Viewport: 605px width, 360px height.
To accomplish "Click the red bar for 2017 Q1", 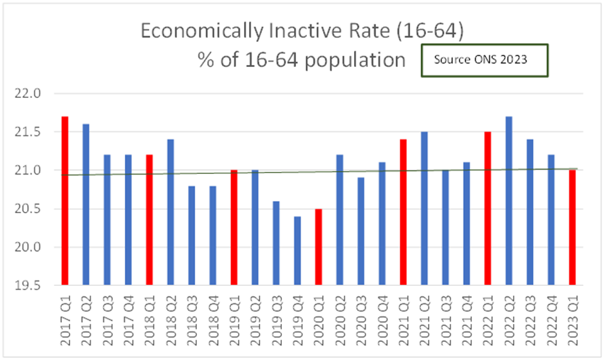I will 65,200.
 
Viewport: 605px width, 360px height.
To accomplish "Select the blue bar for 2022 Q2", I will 510,200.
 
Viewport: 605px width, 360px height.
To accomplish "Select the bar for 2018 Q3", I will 192,235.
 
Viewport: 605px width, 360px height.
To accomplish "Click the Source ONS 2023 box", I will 484,61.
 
